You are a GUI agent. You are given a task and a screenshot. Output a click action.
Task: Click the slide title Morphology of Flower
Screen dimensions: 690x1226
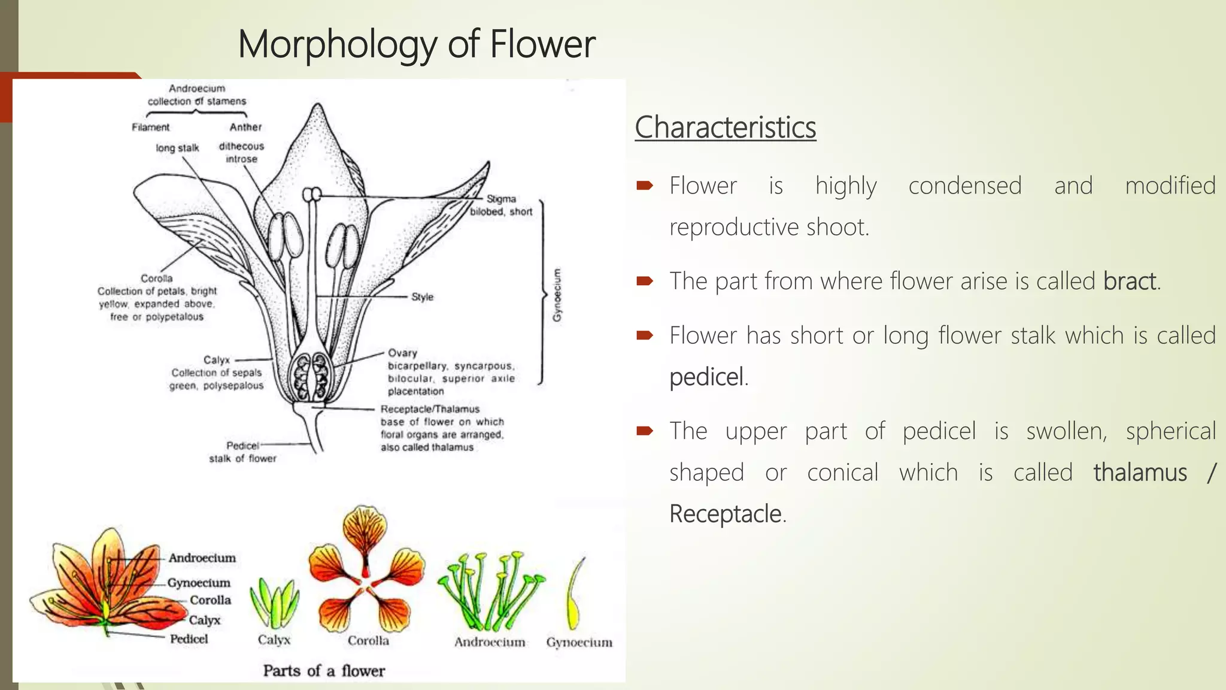point(416,44)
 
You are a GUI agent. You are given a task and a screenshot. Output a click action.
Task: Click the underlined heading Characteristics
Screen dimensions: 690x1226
point(725,128)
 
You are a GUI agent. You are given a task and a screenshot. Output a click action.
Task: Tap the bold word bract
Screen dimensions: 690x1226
point(1129,281)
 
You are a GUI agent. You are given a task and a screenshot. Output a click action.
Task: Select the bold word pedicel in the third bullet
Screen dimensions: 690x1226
point(706,377)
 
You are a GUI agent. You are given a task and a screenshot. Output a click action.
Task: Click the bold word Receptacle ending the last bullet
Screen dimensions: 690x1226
point(726,514)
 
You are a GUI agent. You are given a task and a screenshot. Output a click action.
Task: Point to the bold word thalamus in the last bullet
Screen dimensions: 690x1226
point(1140,473)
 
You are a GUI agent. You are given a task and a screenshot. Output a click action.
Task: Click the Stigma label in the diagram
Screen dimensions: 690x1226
point(500,199)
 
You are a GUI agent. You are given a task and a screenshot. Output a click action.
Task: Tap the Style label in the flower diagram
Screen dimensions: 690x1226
point(422,297)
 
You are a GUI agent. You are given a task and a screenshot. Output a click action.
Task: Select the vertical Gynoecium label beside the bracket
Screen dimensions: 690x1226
point(557,295)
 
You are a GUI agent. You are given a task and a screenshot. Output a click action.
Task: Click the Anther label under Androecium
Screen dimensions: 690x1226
point(245,127)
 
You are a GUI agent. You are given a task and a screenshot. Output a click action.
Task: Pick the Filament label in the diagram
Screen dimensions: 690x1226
point(150,127)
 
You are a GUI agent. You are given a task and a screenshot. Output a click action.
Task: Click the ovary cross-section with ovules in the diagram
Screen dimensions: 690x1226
point(311,377)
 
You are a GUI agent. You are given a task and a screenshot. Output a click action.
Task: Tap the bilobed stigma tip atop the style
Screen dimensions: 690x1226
point(312,195)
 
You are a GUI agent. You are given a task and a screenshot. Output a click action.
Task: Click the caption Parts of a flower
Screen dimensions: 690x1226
point(324,670)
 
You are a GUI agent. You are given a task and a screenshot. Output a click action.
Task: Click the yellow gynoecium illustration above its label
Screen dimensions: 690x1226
point(575,593)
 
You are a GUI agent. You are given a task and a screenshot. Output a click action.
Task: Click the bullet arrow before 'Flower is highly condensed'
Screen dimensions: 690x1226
point(644,186)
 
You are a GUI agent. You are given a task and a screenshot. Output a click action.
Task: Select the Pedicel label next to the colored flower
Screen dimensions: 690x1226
point(189,639)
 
